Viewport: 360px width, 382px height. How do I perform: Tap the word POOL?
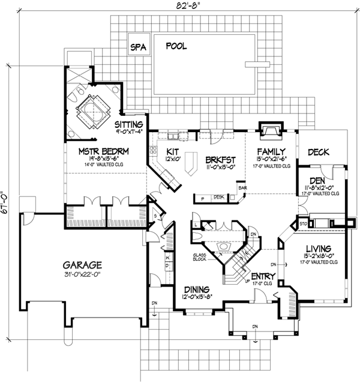[x=175, y=46]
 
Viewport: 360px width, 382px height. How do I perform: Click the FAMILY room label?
[x=269, y=152]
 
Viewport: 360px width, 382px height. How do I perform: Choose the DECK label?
[x=319, y=153]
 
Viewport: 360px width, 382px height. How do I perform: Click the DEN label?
[x=318, y=180]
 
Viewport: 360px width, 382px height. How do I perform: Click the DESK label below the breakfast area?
[x=218, y=197]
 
